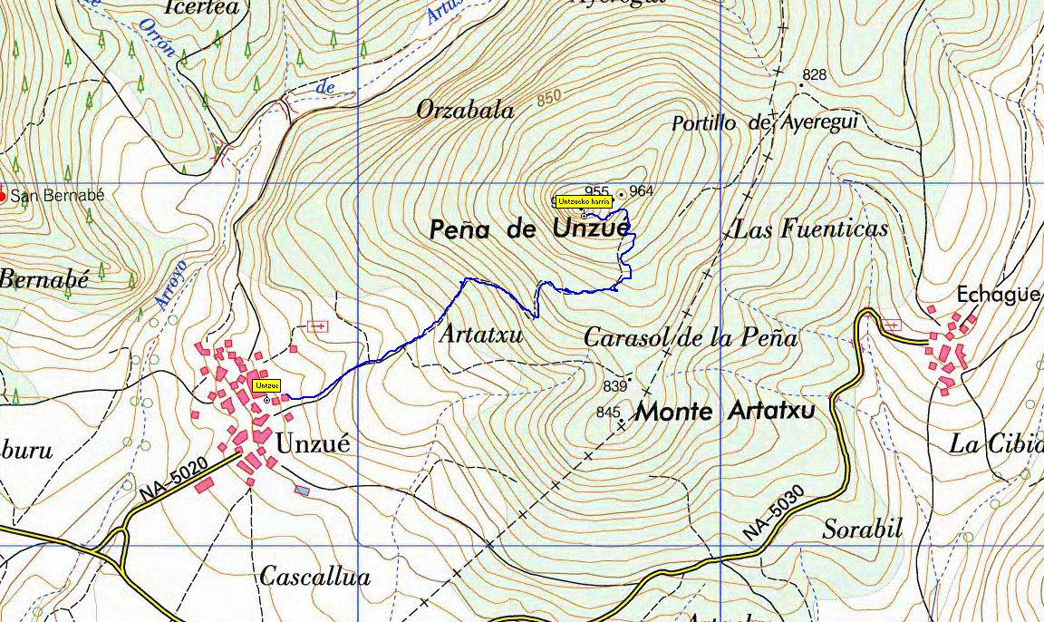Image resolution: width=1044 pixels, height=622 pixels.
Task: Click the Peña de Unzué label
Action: tap(528, 229)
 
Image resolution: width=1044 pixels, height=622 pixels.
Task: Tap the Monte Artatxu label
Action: tap(724, 412)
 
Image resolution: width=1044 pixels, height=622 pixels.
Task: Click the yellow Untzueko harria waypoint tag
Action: tap(584, 200)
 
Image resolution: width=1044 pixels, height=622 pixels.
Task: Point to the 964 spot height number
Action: tap(641, 190)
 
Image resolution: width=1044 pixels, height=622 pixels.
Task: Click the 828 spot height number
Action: tap(815, 74)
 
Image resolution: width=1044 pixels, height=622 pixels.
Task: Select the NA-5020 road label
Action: tap(175, 478)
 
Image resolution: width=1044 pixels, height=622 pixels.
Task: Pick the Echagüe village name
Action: tap(998, 295)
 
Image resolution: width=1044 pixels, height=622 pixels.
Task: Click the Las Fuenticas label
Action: tap(809, 228)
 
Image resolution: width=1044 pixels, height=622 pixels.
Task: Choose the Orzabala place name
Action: tap(465, 111)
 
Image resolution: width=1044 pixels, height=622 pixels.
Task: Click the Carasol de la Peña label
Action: tap(691, 338)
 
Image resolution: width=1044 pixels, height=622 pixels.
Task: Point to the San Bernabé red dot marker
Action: tap(3, 195)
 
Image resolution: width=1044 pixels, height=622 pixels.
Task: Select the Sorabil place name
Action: tap(862, 529)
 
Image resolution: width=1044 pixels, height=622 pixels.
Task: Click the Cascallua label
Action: tap(314, 576)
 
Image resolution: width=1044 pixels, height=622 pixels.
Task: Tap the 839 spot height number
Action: tap(614, 386)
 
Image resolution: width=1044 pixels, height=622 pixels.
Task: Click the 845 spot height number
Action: tap(607, 413)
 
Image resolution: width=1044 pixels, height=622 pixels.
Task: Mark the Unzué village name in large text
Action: tap(312, 444)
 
